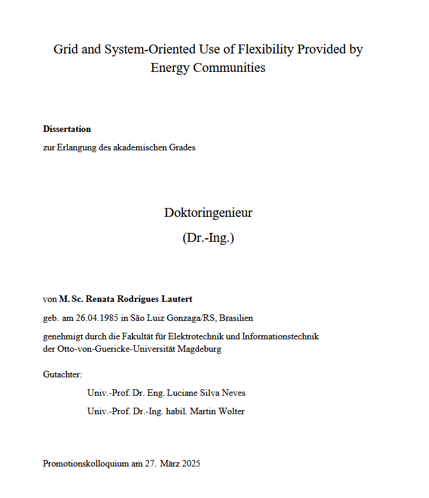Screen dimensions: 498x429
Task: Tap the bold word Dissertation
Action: pyautogui.click(x=67, y=129)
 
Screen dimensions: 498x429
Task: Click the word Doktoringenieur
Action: pyautogui.click(x=208, y=213)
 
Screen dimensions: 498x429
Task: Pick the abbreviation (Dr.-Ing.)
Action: pyautogui.click(x=208, y=238)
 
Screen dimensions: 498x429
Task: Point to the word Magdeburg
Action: pyautogui.click(x=201, y=349)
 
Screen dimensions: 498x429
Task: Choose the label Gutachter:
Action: pyautogui.click(x=62, y=374)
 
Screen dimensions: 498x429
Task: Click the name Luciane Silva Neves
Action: pyautogui.click(x=206, y=393)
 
